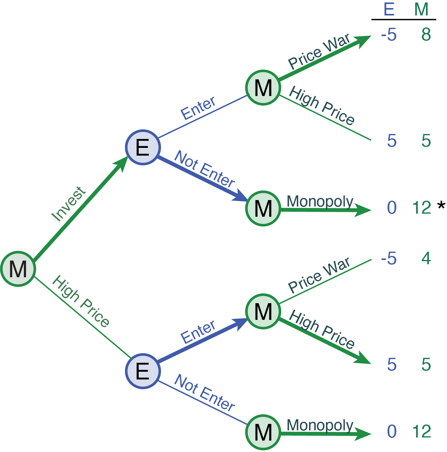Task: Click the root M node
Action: (18, 269)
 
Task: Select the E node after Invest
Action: (143, 147)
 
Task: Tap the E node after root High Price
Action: (143, 371)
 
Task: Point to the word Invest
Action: (68, 204)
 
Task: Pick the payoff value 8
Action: (426, 35)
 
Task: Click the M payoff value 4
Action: (426, 258)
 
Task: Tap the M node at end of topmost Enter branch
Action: (263, 88)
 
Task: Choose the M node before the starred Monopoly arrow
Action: (263, 208)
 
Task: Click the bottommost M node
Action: (263, 432)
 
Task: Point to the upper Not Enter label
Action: (204, 169)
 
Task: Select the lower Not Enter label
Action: (204, 393)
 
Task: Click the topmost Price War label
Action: (319, 51)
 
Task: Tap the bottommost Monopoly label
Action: (320, 425)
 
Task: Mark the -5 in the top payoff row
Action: (389, 35)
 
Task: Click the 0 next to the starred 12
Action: (392, 207)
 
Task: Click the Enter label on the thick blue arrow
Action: (198, 332)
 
